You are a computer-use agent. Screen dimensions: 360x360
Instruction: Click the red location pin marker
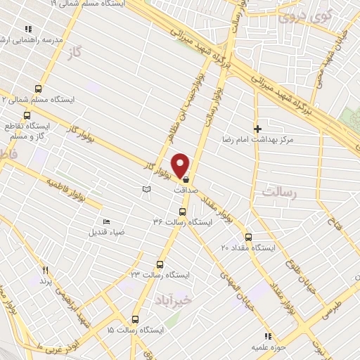[181, 165]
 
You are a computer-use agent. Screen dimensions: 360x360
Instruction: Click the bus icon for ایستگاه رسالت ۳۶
[182, 211]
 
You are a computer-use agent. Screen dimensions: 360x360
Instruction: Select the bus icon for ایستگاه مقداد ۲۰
[247, 236]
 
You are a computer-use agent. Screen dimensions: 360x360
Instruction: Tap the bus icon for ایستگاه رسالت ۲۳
[160, 264]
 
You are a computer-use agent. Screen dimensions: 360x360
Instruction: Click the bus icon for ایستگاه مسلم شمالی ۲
[38, 89]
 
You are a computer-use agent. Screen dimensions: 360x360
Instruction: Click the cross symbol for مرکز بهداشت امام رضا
[258, 129]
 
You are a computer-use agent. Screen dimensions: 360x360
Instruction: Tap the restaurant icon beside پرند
[45, 270]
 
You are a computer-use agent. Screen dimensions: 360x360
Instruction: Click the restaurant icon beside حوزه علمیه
[267, 337]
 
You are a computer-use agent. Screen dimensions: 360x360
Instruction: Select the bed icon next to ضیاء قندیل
[106, 222]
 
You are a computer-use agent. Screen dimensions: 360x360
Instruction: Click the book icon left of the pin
[146, 190]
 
